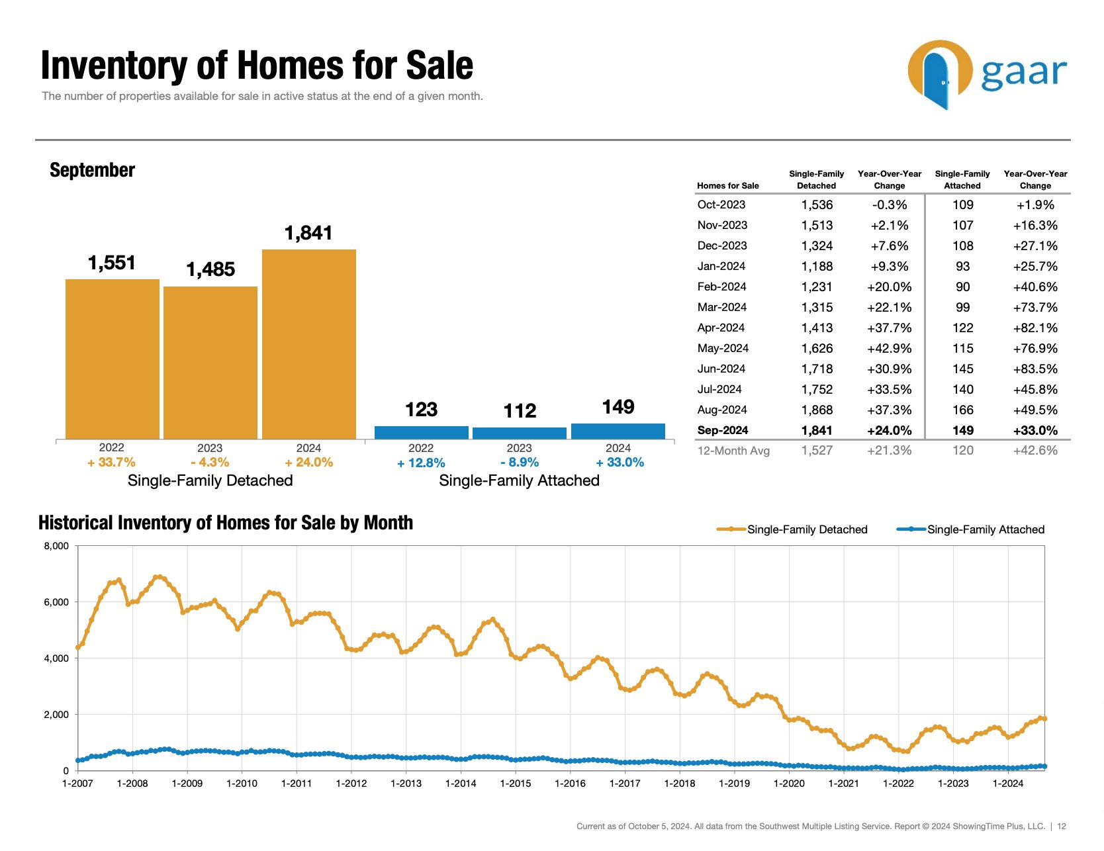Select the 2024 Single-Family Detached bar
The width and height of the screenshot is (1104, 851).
coord(308,344)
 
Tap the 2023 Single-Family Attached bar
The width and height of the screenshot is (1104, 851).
coord(520,433)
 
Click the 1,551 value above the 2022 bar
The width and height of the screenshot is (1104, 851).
coord(112,263)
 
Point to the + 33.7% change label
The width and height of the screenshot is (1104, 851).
coord(111,463)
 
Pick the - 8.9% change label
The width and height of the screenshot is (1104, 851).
coord(520,463)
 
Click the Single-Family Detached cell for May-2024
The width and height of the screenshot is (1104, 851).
coord(817,348)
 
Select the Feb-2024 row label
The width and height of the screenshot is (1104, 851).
coord(721,287)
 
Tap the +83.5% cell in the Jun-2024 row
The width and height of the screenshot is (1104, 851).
coord(1035,369)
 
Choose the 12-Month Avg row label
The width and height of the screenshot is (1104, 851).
coord(733,451)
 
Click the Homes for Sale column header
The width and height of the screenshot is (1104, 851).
coord(728,186)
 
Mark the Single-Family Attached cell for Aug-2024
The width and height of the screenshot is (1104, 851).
coord(962,410)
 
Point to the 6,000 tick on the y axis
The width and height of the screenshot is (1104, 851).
coord(56,602)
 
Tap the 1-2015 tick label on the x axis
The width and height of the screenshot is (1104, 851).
coord(516,784)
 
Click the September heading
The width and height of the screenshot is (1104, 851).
coord(92,170)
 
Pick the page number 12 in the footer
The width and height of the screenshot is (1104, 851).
coord(1062,826)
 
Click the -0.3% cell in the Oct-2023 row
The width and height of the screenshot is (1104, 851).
coord(889,205)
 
